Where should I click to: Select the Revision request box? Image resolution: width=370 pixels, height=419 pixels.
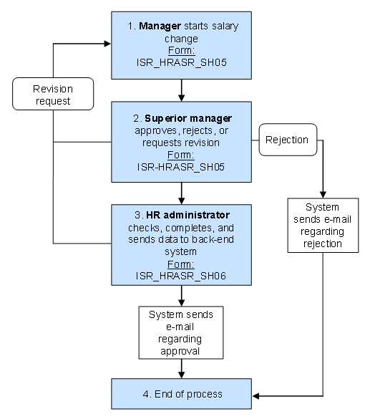click(x=53, y=94)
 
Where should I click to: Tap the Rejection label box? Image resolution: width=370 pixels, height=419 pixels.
click(x=287, y=140)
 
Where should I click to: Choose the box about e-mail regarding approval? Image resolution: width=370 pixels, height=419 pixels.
click(x=182, y=332)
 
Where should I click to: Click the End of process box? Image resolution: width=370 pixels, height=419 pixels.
click(x=182, y=394)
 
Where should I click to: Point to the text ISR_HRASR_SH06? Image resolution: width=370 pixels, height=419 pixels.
click(x=182, y=275)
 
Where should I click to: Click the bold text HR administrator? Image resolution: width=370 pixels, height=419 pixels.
click(x=182, y=215)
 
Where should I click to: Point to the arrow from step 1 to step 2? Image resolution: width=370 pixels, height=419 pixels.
click(x=182, y=90)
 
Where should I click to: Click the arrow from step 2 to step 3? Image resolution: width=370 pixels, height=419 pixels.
click(x=182, y=193)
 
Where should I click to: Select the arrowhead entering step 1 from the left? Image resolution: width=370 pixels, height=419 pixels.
click(x=107, y=43)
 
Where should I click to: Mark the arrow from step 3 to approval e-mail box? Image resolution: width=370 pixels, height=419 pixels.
click(x=182, y=296)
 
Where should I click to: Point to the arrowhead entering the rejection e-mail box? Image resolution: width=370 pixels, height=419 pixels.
click(x=323, y=194)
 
